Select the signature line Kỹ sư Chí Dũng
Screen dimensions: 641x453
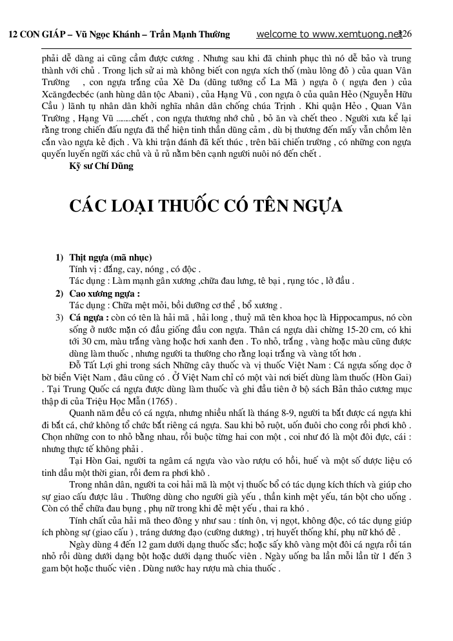click(101, 166)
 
